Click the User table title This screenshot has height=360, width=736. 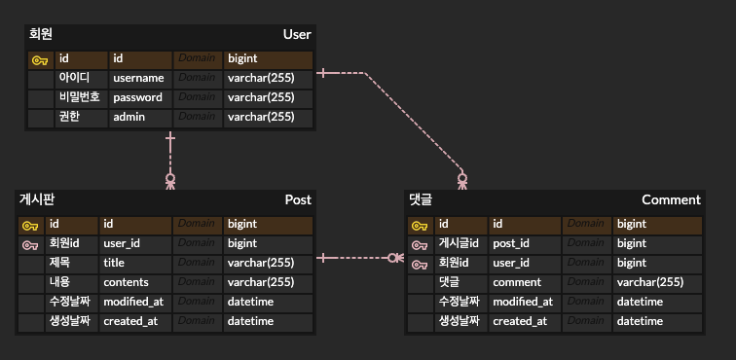[x=296, y=35]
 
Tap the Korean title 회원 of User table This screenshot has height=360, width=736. [x=42, y=35]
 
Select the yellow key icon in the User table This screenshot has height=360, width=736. [x=40, y=59]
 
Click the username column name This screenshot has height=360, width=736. [x=138, y=78]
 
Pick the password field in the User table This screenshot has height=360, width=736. [x=137, y=97]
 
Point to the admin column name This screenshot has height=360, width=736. [x=129, y=117]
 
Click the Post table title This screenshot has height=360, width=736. [x=298, y=199]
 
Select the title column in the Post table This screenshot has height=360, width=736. [x=116, y=263]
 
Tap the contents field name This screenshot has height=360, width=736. [x=126, y=282]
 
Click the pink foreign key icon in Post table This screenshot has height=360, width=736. [x=30, y=244]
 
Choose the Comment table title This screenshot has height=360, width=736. [x=671, y=199]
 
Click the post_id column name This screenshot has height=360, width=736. [x=511, y=243]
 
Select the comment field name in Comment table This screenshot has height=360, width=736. [x=517, y=282]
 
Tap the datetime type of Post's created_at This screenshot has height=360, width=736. [x=250, y=321]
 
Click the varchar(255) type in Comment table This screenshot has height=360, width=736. [x=649, y=282]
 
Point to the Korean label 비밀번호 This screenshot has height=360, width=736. [x=80, y=97]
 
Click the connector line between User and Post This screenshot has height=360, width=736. [x=170, y=156]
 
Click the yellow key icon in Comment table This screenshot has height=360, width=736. [x=420, y=225]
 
